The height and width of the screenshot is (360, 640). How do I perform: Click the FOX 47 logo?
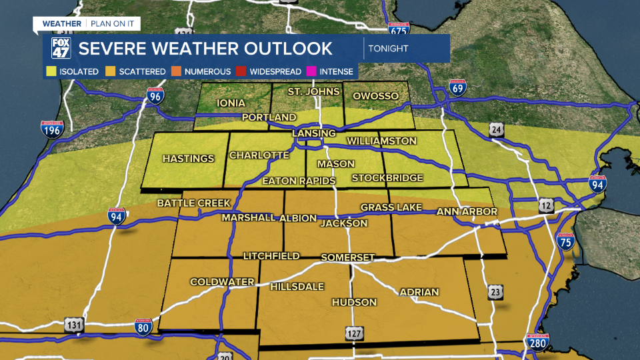(x=61, y=49)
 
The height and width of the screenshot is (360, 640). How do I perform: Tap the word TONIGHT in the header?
(x=389, y=49)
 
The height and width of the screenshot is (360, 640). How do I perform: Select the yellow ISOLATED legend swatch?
(x=51, y=71)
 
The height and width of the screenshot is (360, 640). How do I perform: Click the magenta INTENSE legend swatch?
(x=311, y=71)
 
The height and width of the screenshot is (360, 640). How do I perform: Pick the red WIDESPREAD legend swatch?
(x=243, y=71)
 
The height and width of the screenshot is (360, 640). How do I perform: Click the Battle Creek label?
(x=193, y=203)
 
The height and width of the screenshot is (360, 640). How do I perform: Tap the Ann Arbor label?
(x=467, y=212)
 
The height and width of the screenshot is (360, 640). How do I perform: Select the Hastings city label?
(x=189, y=159)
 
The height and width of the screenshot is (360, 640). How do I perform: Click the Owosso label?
(x=375, y=96)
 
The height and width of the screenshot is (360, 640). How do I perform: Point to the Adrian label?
(x=419, y=292)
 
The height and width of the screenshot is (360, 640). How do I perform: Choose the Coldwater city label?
(x=222, y=282)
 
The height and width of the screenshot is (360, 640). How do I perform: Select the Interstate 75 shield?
(x=565, y=241)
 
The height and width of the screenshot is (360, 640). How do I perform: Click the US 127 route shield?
(x=354, y=332)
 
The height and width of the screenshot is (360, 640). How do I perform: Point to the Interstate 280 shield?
(x=537, y=343)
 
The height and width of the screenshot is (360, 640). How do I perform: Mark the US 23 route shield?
(x=495, y=292)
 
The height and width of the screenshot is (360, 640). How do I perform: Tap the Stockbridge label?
(x=387, y=178)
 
